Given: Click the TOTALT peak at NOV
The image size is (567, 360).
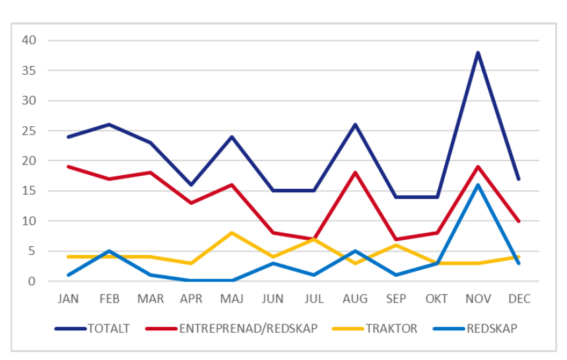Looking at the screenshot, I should (478, 52).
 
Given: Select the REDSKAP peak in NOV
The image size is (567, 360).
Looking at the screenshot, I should (478, 185).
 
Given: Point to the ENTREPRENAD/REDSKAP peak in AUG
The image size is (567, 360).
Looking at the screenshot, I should (355, 172).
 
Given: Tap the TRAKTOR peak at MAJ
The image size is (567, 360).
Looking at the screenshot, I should (232, 233).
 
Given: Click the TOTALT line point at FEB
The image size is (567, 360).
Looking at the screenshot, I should (109, 124).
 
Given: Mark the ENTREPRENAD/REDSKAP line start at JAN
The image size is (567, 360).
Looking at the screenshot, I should (68, 166).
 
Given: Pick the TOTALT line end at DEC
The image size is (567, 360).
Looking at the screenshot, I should (519, 178).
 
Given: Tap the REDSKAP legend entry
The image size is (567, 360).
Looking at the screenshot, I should (475, 328).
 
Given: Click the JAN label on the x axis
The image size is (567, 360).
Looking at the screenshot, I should (68, 299).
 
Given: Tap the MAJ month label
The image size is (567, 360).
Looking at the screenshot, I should (232, 299).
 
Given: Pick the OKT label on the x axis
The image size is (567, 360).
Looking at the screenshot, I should (437, 299).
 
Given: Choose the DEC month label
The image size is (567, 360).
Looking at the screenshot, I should (519, 299).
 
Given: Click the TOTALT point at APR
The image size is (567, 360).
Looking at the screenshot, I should (191, 185).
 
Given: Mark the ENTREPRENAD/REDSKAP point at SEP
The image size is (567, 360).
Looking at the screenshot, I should (396, 239).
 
